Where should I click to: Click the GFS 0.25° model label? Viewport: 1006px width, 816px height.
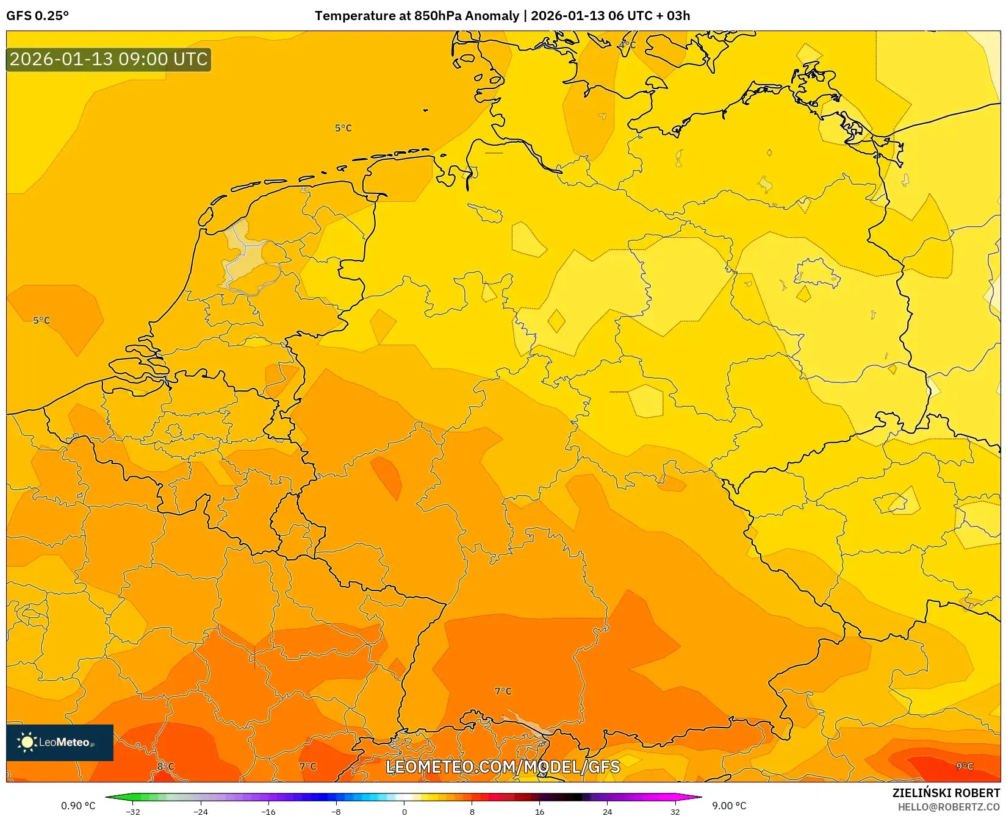[38, 16]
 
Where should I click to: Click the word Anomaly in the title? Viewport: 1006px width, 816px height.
[492, 16]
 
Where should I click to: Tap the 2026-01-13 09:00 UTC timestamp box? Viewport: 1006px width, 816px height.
[109, 59]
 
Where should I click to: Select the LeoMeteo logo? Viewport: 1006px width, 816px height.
[60, 742]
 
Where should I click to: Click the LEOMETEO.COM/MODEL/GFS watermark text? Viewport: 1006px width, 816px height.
[503, 767]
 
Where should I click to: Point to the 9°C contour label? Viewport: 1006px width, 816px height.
[965, 767]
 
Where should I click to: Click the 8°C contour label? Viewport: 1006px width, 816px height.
[166, 767]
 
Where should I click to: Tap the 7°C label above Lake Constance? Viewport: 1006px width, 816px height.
[503, 691]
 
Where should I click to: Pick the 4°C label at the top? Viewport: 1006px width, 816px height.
[627, 45]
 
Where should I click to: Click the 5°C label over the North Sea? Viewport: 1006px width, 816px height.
[343, 128]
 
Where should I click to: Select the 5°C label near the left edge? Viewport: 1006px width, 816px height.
[41, 320]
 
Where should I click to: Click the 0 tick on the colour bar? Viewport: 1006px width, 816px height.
[404, 811]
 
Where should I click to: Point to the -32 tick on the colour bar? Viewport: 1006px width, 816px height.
[133, 811]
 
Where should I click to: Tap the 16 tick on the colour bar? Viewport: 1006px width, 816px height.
[539, 811]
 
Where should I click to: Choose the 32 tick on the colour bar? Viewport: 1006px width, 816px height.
[675, 811]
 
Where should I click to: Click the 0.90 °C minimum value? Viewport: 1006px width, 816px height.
[78, 806]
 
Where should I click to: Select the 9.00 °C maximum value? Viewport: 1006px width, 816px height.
[729, 806]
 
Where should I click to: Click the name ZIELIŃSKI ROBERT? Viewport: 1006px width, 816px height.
[946, 793]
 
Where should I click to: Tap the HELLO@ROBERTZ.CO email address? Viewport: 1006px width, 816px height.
[949, 807]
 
